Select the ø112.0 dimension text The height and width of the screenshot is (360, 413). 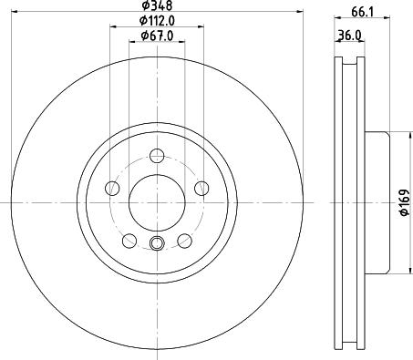(x=157, y=21)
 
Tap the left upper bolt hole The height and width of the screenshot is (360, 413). (x=113, y=189)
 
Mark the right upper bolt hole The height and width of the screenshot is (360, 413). (x=199, y=189)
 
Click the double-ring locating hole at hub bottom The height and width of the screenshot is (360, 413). (x=156, y=242)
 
